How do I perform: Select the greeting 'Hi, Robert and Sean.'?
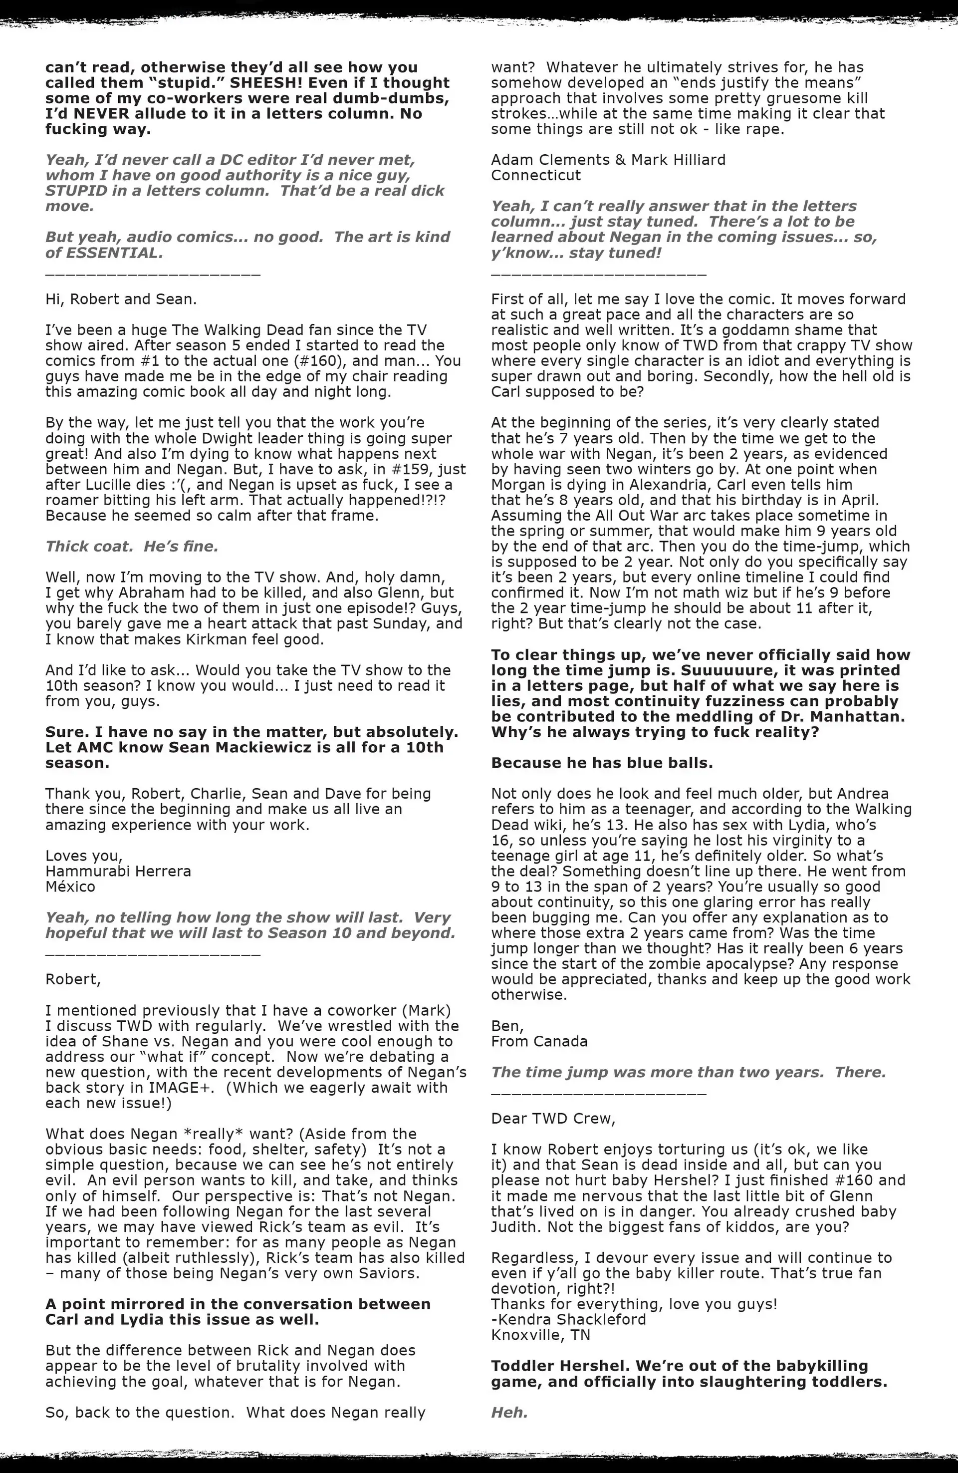point(121,299)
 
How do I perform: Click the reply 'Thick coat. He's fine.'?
point(131,547)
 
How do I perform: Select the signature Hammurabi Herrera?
point(118,872)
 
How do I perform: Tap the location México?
point(70,887)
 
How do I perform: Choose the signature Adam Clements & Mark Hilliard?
point(608,160)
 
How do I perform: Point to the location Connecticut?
point(536,176)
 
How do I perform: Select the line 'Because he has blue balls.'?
point(602,763)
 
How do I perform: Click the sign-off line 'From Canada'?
point(539,1042)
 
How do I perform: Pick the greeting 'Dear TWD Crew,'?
point(553,1119)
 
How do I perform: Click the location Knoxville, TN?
point(540,1335)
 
